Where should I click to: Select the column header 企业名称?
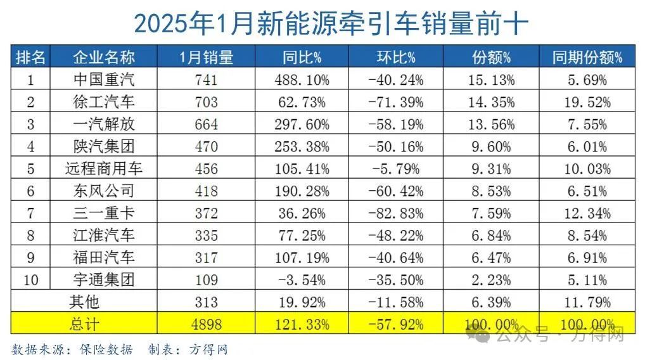104,58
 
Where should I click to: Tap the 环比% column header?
395,58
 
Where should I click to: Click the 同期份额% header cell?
587,58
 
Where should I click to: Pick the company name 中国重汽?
104,80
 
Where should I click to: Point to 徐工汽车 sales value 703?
207,102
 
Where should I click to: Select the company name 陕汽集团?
104,146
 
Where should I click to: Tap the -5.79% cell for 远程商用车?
395,169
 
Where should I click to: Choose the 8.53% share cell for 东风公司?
490,191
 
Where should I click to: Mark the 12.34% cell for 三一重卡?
587,213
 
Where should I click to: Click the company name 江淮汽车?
104,235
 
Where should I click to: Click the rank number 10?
30,280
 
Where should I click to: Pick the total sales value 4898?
207,325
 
